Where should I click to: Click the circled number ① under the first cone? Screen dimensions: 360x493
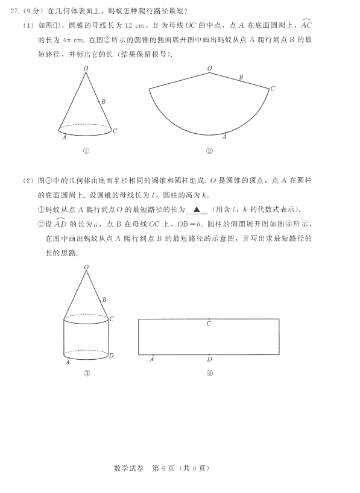(x=86, y=151)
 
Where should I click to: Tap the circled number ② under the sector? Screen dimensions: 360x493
(x=209, y=151)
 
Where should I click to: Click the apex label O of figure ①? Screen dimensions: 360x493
(x=86, y=69)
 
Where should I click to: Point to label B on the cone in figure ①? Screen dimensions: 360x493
(x=104, y=102)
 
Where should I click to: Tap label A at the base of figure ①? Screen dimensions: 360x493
(x=64, y=137)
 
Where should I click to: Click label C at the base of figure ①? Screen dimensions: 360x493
(x=115, y=131)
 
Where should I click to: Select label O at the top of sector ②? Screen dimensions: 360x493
(x=209, y=69)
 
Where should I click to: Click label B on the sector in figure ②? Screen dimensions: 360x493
(x=241, y=77)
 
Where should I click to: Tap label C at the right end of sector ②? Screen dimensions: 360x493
(x=273, y=89)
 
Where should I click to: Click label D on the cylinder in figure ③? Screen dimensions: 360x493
(x=112, y=356)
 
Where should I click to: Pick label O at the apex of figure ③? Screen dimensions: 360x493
(x=86, y=266)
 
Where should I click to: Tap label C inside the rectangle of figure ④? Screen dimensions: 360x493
(x=209, y=324)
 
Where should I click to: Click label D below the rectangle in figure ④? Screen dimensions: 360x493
(x=209, y=360)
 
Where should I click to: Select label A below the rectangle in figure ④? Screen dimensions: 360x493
(x=151, y=360)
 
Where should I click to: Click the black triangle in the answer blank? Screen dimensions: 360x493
(x=196, y=210)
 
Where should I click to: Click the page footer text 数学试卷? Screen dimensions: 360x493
(x=128, y=468)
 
